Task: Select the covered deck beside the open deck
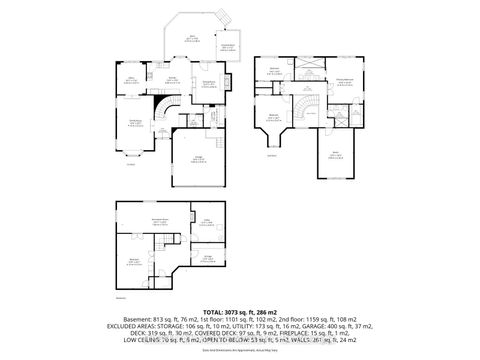227,46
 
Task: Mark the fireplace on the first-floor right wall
231,82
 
